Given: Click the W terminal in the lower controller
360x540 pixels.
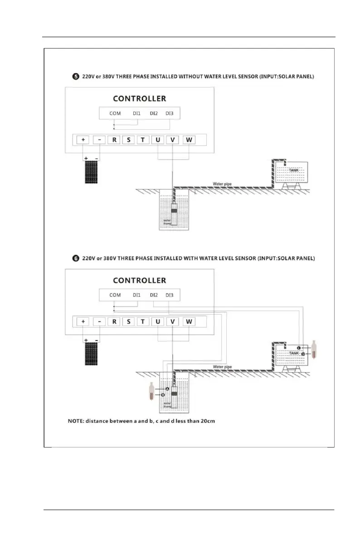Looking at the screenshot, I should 189,322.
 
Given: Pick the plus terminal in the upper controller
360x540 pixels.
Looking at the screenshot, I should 83,140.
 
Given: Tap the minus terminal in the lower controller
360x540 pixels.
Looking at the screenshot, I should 99,322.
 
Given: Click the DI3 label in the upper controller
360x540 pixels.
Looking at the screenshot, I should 169,113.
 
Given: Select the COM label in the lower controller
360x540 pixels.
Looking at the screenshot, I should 115,295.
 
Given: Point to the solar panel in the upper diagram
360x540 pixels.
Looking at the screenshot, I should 91,171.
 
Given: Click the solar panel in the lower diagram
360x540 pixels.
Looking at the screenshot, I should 91,353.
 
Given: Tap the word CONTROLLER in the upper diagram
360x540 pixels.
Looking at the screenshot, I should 139,98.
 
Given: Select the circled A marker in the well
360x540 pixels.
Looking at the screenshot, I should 167,389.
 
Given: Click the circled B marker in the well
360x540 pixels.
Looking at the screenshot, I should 163,395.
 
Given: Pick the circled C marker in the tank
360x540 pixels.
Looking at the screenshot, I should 299,348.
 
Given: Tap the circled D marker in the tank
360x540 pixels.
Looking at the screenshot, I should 303,354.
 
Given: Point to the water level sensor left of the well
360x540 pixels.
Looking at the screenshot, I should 152,392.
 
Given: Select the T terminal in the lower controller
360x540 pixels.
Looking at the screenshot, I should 143,322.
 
